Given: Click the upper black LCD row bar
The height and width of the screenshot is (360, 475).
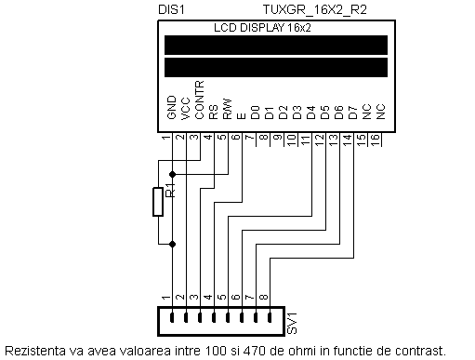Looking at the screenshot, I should pos(274,46).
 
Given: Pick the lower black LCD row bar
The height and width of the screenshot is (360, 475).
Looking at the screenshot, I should pos(274,68).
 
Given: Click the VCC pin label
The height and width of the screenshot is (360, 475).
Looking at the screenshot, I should pos(185,113).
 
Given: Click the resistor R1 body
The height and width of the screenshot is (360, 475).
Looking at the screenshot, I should pos(158,203).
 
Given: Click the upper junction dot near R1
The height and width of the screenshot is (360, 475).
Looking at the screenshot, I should pos(172,173).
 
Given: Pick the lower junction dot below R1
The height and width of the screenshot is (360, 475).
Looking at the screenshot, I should pos(172,244).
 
